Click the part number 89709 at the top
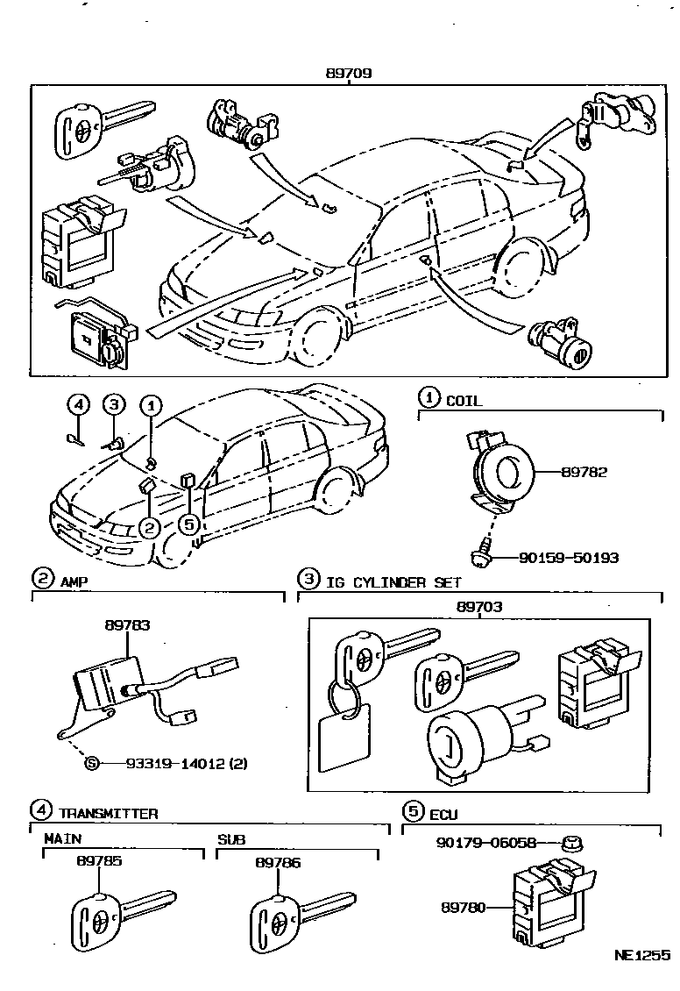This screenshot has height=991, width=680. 349,74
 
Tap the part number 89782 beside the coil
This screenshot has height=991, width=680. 584,472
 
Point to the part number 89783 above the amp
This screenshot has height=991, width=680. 127,625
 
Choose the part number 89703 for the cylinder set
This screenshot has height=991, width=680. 479,606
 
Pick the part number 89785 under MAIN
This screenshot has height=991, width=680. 99,862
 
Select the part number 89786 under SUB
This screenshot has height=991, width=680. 278,862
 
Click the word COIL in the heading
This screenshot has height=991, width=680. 464,401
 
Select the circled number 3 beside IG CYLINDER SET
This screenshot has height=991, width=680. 308,580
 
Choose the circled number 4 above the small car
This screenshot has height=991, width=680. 78,405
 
